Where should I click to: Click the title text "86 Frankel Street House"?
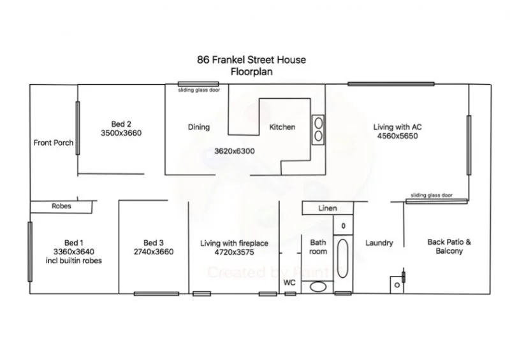point(251,60)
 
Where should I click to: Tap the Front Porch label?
point(54,143)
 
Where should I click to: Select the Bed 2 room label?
point(121,124)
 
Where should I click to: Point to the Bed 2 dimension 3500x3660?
point(121,133)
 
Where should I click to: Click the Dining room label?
point(199,127)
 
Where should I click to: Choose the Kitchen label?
point(282,127)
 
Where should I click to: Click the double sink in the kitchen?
point(317,129)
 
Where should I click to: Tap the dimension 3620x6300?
point(235,151)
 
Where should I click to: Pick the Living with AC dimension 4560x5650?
point(397,136)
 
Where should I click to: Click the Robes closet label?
point(62,206)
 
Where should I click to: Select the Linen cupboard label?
point(328,208)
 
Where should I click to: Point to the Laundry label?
point(379,243)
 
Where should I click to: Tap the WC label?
point(289,282)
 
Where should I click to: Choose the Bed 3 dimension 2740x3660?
point(154,252)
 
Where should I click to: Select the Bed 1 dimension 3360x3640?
point(73,252)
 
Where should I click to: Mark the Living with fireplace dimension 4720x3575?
point(234,252)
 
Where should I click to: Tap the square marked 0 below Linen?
point(343,226)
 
